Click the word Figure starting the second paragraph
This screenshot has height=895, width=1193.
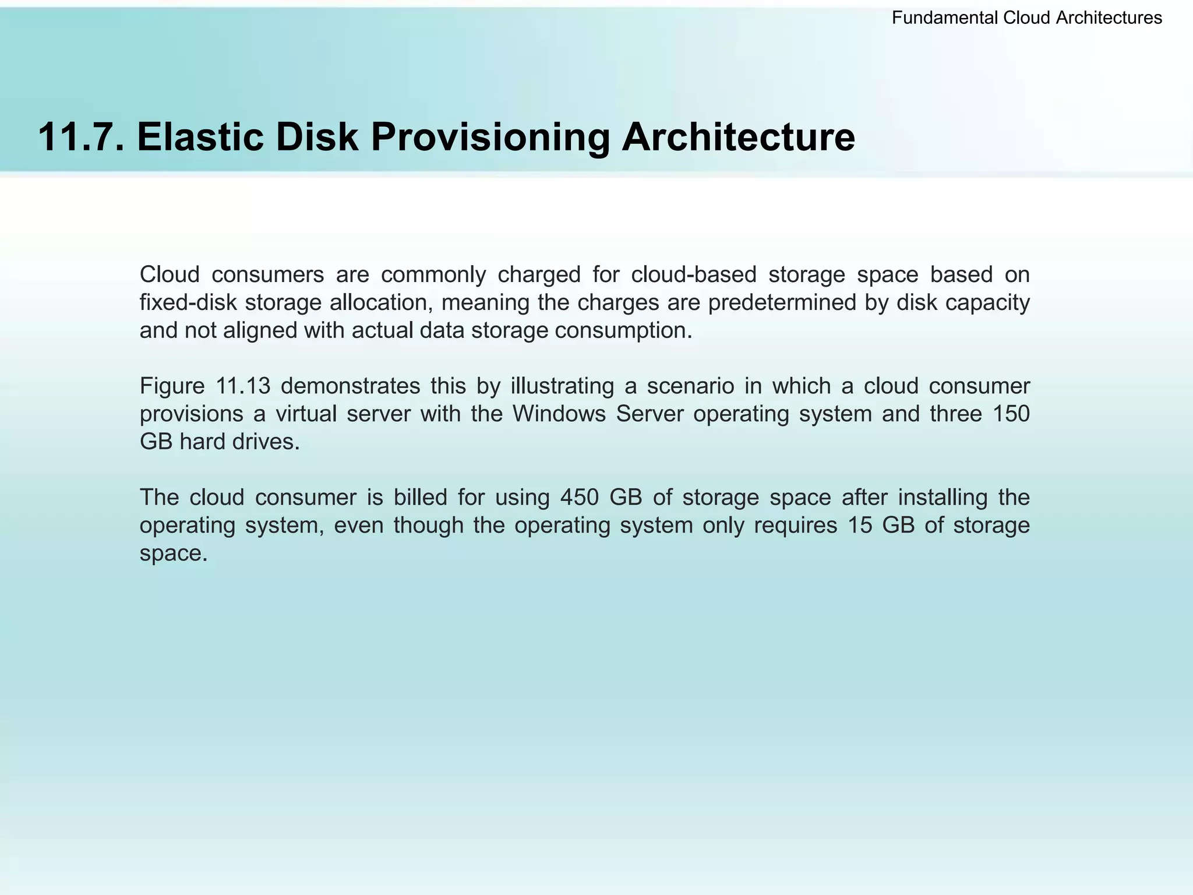(172, 386)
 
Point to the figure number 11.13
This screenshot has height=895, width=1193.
(243, 386)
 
